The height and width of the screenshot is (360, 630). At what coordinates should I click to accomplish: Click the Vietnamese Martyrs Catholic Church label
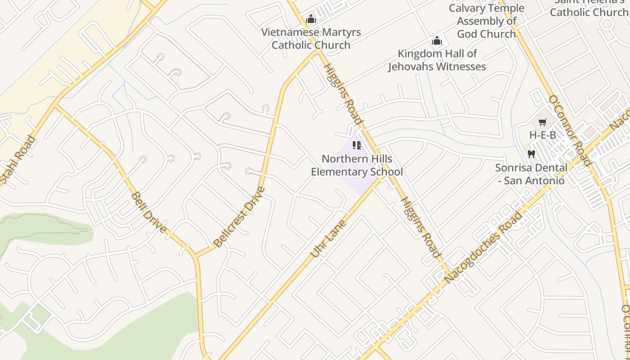pyautogui.click(x=311, y=39)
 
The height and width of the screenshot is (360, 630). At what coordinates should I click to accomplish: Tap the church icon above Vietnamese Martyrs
pyautogui.click(x=311, y=19)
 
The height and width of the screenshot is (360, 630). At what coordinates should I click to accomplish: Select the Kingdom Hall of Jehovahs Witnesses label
pyautogui.click(x=437, y=60)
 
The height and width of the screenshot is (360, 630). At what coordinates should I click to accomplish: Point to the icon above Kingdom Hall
pyautogui.click(x=436, y=41)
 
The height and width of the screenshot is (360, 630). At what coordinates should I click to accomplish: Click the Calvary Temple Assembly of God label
pyautogui.click(x=486, y=21)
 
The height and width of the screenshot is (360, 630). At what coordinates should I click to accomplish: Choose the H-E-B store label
pyautogui.click(x=542, y=135)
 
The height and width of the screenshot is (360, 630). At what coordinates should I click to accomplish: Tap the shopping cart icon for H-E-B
pyautogui.click(x=543, y=122)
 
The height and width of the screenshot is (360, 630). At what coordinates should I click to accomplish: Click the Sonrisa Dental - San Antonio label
pyautogui.click(x=531, y=174)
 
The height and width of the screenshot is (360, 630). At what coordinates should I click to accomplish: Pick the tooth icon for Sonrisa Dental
pyautogui.click(x=531, y=154)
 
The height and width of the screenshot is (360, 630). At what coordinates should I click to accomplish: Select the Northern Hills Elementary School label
pyautogui.click(x=357, y=165)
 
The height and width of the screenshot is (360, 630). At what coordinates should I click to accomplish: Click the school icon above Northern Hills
pyautogui.click(x=357, y=145)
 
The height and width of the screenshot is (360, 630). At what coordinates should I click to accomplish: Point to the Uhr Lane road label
pyautogui.click(x=329, y=238)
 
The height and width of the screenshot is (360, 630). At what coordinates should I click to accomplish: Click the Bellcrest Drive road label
pyautogui.click(x=239, y=217)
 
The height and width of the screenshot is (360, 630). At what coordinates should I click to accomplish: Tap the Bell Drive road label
pyautogui.click(x=149, y=212)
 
